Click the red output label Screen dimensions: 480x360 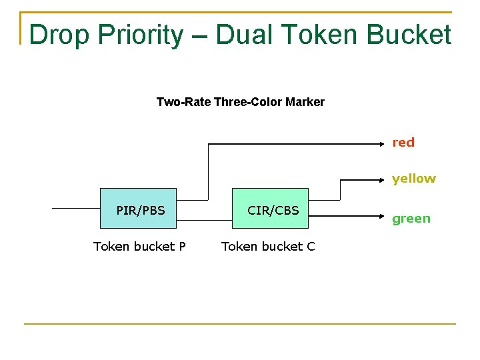click(403, 143)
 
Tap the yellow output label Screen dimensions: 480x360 click(413, 179)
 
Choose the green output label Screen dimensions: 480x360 click(411, 219)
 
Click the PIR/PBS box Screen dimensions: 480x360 click(138, 209)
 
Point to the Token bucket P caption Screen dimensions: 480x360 click(139, 247)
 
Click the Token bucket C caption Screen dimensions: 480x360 click(268, 247)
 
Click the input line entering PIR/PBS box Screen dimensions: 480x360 click(75, 209)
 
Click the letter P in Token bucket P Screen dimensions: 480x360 click(182, 247)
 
